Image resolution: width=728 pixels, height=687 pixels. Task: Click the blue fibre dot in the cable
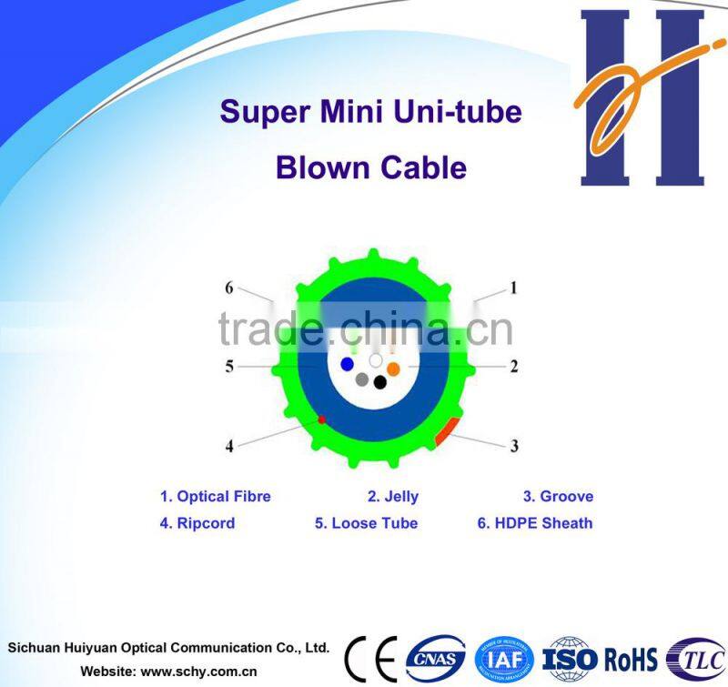347,364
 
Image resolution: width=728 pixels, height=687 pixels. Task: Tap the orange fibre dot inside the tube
393,369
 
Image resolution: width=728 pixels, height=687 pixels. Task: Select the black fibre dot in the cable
379,382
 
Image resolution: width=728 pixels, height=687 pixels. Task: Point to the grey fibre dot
362,379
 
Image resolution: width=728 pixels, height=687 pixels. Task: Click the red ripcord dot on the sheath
321,419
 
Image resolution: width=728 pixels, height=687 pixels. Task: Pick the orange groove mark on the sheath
444,429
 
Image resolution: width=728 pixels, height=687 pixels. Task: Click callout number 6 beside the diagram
229,288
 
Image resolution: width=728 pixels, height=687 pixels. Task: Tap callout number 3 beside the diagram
514,446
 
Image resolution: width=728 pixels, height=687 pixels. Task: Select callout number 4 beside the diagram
229,446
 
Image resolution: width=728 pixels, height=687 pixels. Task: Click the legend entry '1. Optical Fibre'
216,497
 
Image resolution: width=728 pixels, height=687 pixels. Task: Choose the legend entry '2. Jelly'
393,497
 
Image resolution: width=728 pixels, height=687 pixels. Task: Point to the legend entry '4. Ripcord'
197,523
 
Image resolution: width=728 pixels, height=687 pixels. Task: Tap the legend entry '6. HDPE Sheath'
535,523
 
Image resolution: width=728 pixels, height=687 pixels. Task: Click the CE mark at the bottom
369,656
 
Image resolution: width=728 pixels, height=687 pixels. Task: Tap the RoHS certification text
630,656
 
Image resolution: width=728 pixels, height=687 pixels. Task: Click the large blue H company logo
642,97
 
